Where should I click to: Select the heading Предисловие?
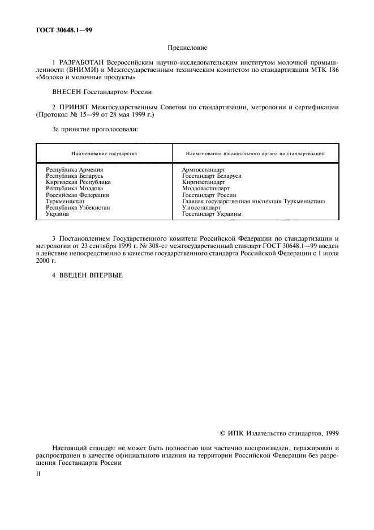click(187, 49)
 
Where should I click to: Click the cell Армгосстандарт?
click(204, 169)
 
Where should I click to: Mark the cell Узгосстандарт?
click(201, 207)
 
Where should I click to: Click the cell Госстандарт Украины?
click(212, 214)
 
